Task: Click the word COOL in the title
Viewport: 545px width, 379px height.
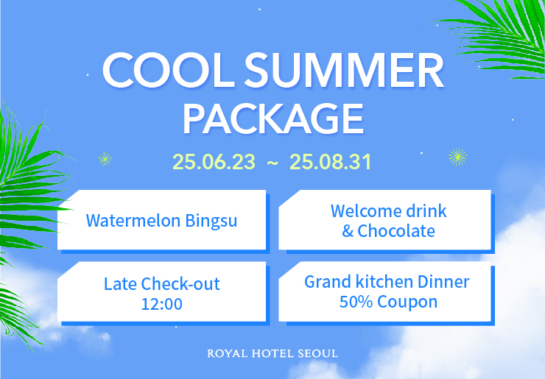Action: (169, 71)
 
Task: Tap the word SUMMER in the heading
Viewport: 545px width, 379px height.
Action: (344, 71)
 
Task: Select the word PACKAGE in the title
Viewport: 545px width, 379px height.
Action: (273, 118)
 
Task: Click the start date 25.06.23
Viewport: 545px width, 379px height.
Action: (214, 162)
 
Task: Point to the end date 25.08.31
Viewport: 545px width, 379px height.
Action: (330, 162)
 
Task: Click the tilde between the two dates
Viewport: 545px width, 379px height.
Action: (272, 163)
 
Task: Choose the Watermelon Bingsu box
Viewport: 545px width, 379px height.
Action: (161, 220)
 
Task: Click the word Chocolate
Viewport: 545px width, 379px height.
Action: (396, 231)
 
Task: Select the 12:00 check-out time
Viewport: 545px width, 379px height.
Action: (161, 305)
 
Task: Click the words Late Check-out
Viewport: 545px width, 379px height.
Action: (161, 284)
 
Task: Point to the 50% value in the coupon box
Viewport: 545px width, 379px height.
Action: (356, 302)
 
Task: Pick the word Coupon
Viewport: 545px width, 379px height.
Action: (407, 302)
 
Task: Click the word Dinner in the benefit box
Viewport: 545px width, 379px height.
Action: (443, 282)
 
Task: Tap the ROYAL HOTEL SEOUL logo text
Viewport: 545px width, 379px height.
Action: (272, 354)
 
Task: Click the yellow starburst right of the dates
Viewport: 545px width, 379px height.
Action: (457, 157)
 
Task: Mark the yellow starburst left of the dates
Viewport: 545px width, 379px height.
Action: (105, 159)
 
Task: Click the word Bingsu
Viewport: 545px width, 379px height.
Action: (211, 221)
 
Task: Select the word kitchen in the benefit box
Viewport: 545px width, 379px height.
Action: (384, 282)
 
